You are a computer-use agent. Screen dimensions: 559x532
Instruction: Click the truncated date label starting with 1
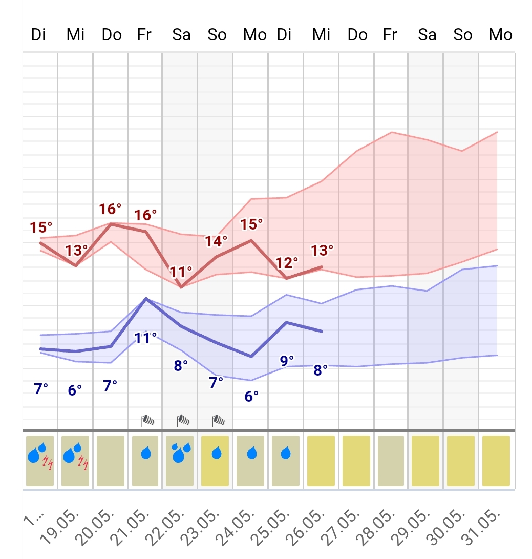pyautogui.click(x=34, y=522)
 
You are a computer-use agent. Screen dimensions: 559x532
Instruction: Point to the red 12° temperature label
pyautogui.click(x=287, y=263)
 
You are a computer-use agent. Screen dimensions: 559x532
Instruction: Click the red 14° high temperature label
pyautogui.click(x=217, y=241)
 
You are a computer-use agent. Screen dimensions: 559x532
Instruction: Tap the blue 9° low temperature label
pyautogui.click(x=287, y=360)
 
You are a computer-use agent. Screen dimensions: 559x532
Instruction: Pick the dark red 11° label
pyautogui.click(x=181, y=271)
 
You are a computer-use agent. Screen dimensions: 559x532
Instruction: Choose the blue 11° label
pyautogui.click(x=145, y=338)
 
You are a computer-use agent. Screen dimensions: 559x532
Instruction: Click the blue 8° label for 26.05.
pyautogui.click(x=321, y=370)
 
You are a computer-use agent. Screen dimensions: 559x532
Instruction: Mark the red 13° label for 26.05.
pyautogui.click(x=322, y=251)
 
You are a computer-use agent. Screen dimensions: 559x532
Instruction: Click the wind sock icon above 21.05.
pyautogui.click(x=148, y=421)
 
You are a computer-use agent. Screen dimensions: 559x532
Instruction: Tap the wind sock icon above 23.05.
pyautogui.click(x=219, y=421)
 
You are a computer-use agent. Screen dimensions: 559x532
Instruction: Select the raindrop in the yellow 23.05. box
pyautogui.click(x=217, y=453)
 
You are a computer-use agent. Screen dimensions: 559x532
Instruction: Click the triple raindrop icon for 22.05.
pyautogui.click(x=180, y=452)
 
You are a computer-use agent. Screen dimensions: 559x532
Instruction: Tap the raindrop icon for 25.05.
pyautogui.click(x=286, y=453)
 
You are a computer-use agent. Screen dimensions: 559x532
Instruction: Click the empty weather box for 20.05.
pyautogui.click(x=111, y=461)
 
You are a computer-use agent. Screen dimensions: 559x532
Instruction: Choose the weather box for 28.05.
pyautogui.click(x=392, y=461)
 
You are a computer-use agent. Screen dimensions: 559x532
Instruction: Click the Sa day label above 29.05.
pyautogui.click(x=427, y=35)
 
